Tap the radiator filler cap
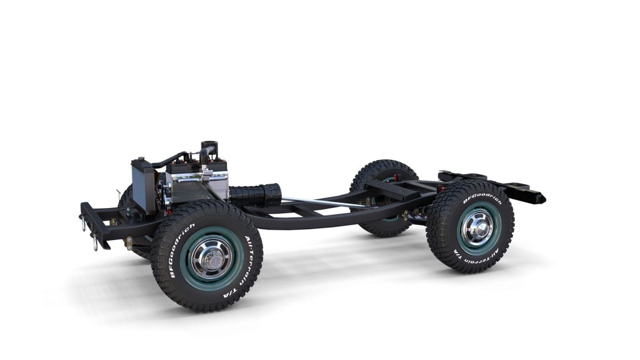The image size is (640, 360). click(x=141, y=159)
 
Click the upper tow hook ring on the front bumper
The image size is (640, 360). click(x=84, y=225)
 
